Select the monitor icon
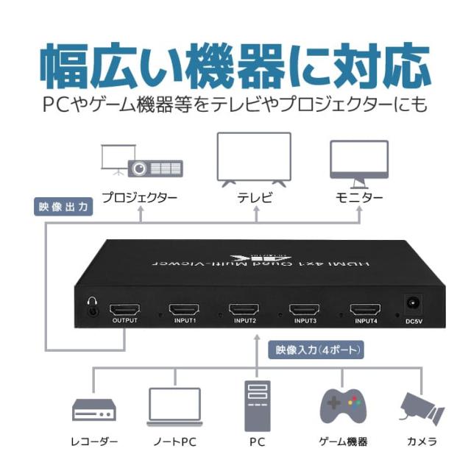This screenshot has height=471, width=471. pyautogui.click(x=358, y=161)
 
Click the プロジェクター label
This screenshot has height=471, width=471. pyautogui.click(x=140, y=198)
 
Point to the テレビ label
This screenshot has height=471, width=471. pyautogui.click(x=255, y=198)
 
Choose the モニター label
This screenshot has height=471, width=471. pyautogui.click(x=359, y=198)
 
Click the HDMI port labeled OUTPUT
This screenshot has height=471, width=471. pyautogui.click(x=124, y=308)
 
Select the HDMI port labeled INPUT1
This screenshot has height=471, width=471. pyautogui.click(x=184, y=309)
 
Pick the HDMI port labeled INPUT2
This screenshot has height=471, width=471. pyautogui.click(x=244, y=309)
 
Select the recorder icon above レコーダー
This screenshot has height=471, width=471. pyautogui.click(x=93, y=410)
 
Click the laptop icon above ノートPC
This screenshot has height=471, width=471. pyautogui.click(x=174, y=407)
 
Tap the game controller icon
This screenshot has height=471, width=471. pyautogui.click(x=343, y=405)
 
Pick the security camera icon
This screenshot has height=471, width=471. pyautogui.click(x=421, y=407)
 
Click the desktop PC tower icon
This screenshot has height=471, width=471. pyautogui.click(x=256, y=404)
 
